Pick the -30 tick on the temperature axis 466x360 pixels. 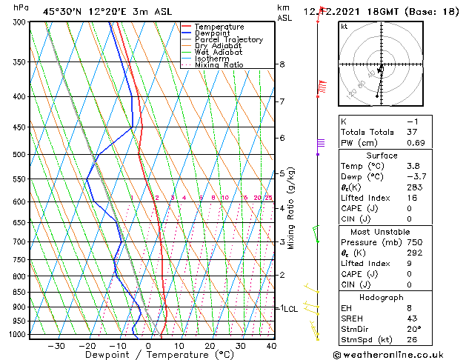pos(56,345)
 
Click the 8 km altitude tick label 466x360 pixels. pos(282,65)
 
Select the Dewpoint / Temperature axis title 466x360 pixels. pos(148,356)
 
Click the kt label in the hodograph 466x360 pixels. pos(344,27)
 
